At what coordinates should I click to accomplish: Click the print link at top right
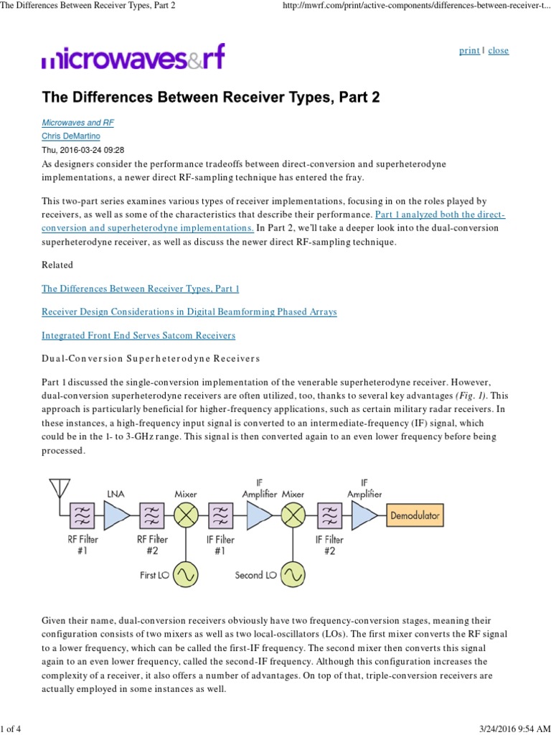click(469, 51)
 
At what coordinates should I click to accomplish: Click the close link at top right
click(498, 51)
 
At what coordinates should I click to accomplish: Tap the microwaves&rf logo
click(133, 57)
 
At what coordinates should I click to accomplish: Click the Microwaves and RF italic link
click(77, 123)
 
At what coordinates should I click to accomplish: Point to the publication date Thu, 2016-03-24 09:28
click(83, 150)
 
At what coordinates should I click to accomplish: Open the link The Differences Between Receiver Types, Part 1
click(140, 289)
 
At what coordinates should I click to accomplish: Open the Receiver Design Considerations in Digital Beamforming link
click(189, 312)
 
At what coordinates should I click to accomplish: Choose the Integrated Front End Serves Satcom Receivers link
click(138, 335)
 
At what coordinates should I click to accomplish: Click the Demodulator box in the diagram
click(415, 515)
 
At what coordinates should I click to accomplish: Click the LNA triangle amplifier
click(117, 515)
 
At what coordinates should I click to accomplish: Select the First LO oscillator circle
click(187, 574)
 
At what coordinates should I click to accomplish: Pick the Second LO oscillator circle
click(292, 574)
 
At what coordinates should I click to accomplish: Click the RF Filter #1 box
click(83, 515)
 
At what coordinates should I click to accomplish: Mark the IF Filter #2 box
click(330, 515)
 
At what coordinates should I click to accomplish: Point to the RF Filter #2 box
click(152, 515)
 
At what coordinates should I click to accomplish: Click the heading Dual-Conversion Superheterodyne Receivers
click(151, 358)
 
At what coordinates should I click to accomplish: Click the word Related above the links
click(57, 265)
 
